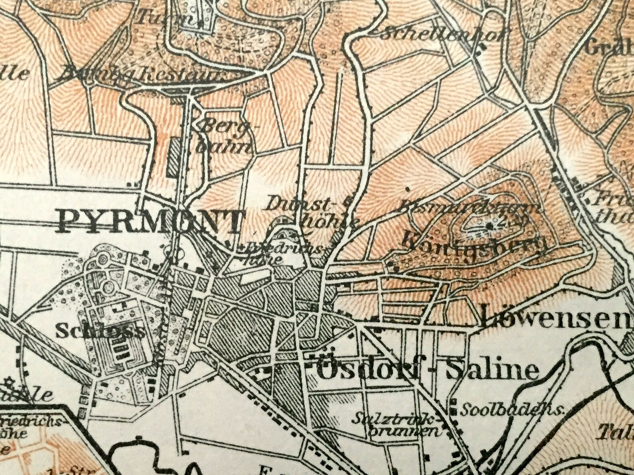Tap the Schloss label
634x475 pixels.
click(100, 331)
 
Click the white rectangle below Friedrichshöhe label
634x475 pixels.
click(256, 273)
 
